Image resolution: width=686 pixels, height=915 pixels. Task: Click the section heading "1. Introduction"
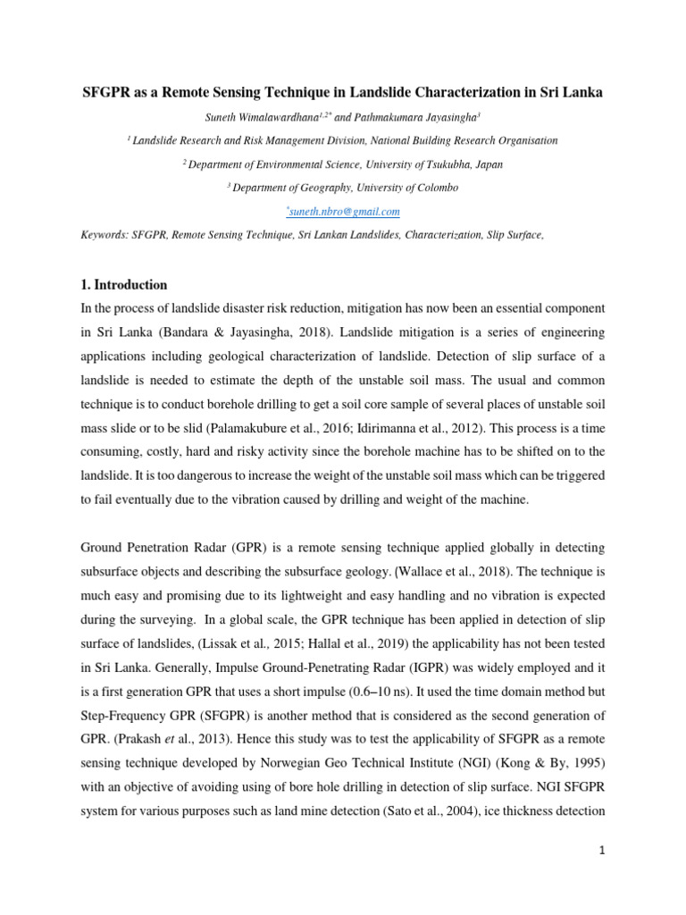click(x=124, y=285)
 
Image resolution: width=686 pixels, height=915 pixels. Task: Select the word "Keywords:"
click(x=105, y=234)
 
